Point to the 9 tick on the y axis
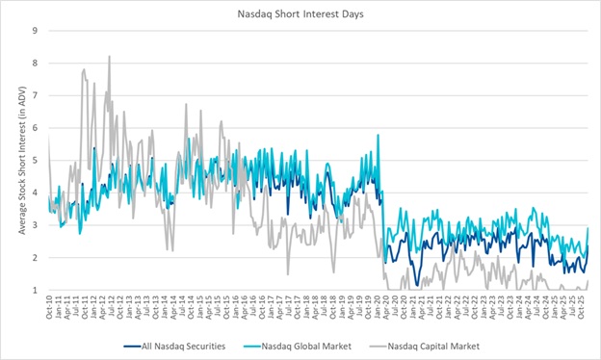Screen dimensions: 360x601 35,31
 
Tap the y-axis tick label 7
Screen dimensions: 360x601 35,95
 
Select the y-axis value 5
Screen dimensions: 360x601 35,160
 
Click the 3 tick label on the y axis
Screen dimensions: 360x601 35,225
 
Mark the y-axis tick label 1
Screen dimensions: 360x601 35,290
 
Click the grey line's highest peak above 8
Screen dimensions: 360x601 109,56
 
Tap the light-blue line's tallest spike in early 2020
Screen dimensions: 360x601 378,135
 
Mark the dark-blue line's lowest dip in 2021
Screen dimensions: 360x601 416,285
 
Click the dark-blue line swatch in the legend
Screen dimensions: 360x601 134,345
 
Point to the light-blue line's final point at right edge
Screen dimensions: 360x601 588,227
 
